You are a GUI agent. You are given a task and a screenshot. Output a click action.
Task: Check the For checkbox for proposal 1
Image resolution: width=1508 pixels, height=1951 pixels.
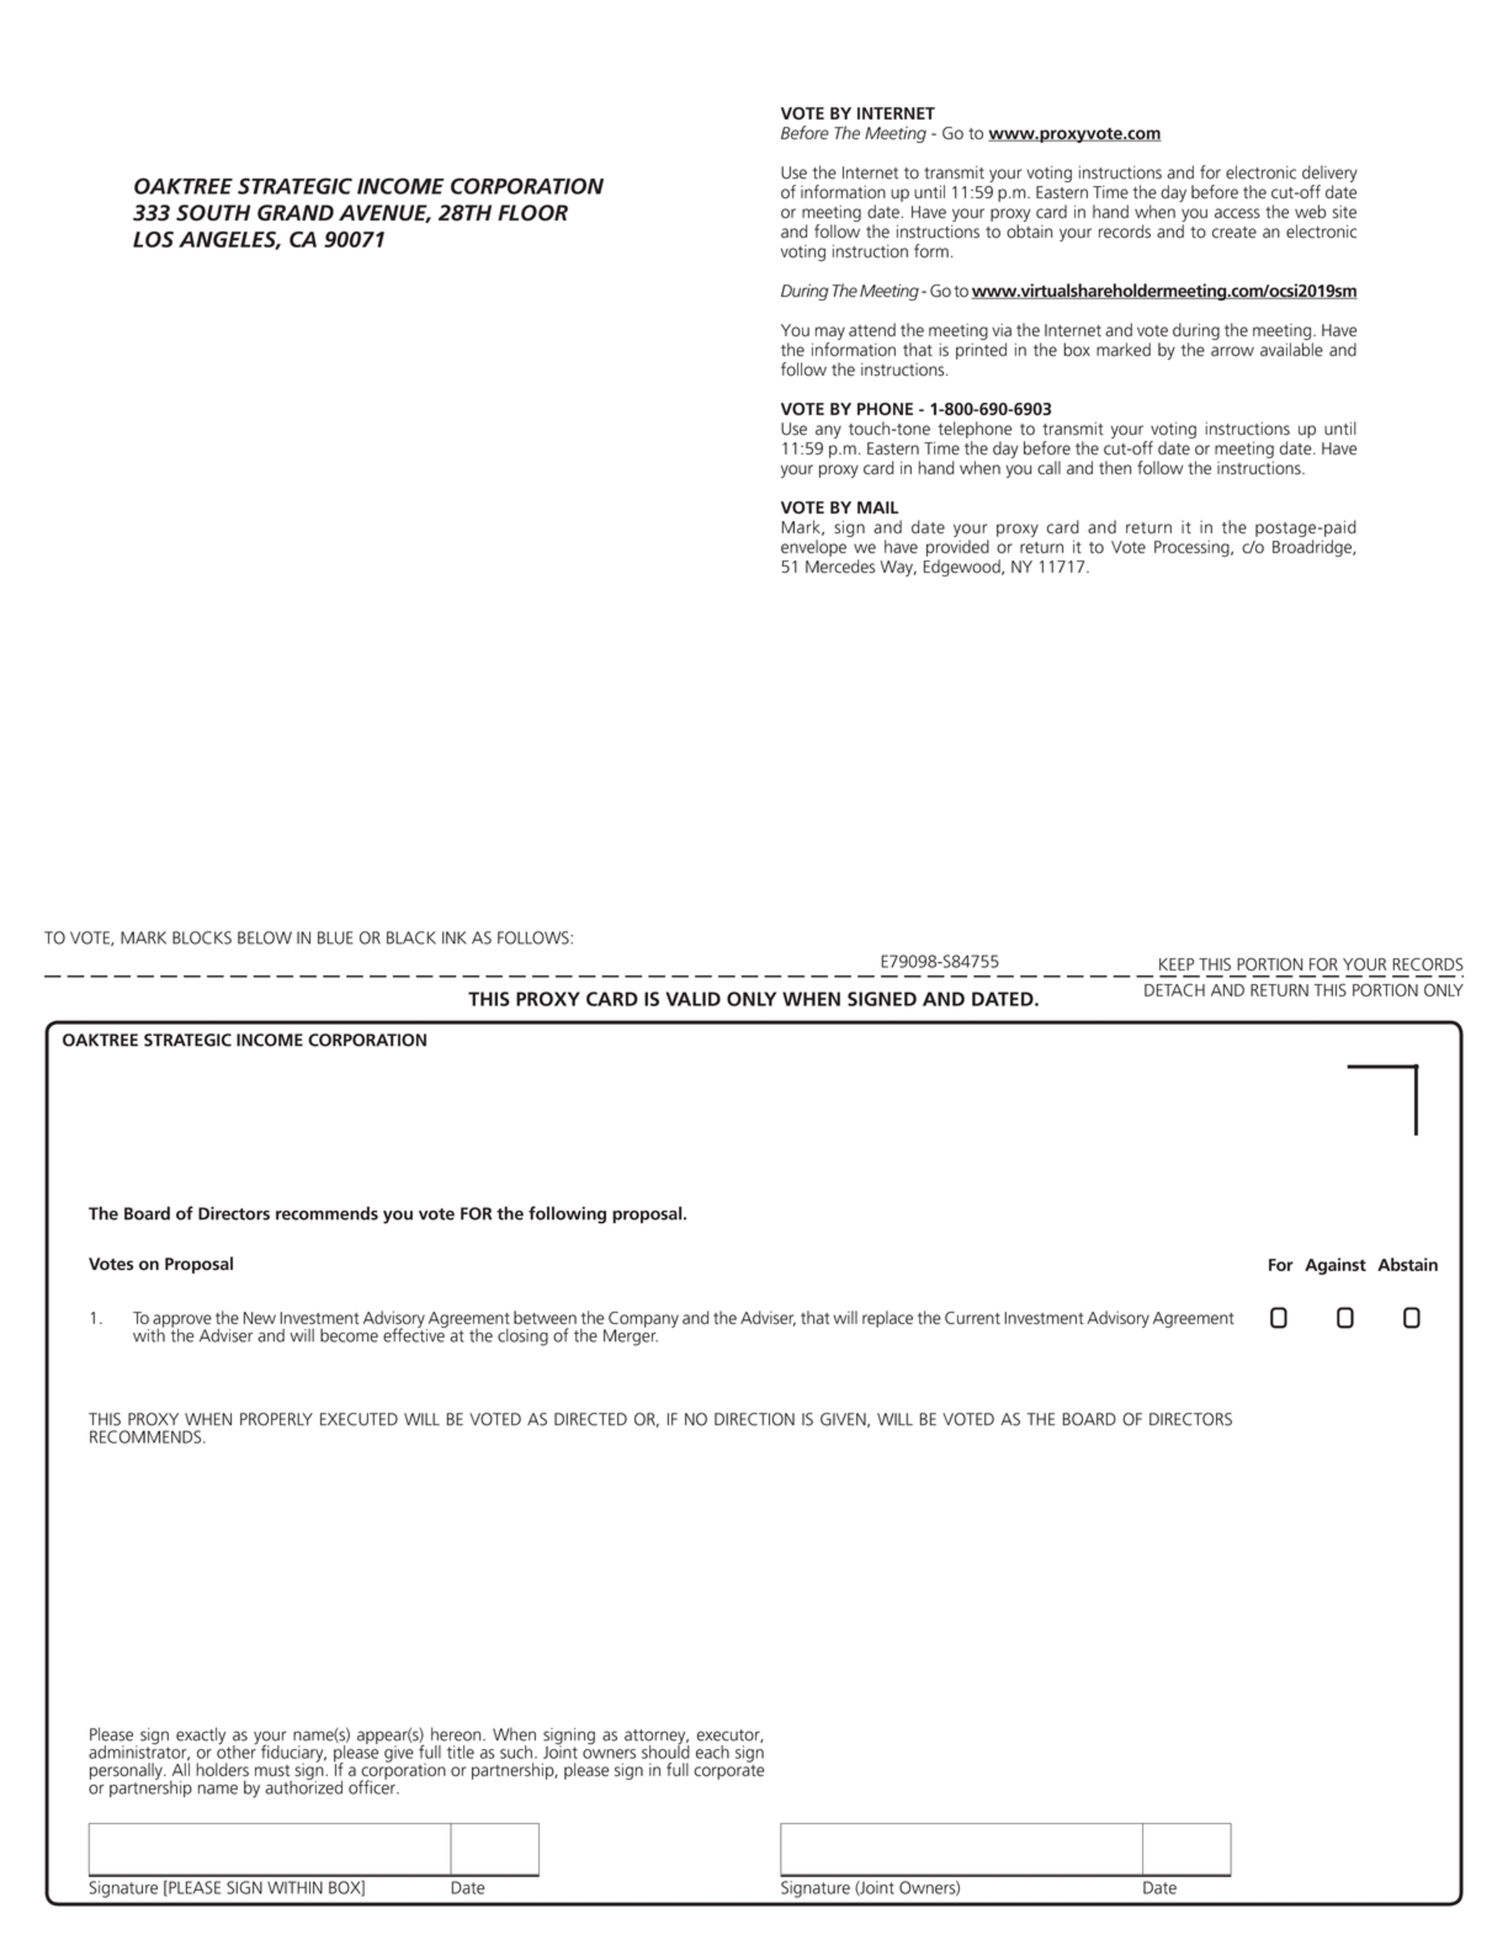click(x=1278, y=1318)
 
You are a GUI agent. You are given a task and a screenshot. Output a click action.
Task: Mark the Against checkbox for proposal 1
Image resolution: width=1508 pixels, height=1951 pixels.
click(x=1345, y=1318)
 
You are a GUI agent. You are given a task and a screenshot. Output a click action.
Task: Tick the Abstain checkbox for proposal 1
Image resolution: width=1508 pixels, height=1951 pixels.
click(x=1411, y=1318)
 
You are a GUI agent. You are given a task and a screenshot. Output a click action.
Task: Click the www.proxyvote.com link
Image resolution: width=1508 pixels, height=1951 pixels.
click(x=1074, y=134)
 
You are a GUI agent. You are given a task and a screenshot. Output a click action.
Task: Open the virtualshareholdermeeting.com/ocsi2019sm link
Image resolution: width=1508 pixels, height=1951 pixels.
click(x=1163, y=291)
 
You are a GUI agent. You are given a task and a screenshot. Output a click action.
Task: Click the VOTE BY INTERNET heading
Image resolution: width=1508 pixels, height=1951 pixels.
click(x=857, y=113)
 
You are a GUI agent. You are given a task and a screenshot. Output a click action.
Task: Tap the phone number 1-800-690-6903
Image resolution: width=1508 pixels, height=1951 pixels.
click(x=990, y=409)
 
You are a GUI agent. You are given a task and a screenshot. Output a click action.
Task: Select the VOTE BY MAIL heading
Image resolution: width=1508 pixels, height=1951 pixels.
click(x=839, y=507)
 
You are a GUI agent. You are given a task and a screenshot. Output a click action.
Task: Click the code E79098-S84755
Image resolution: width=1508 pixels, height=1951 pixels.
click(x=939, y=961)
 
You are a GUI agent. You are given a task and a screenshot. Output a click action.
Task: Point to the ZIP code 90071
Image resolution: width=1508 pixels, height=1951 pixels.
click(x=355, y=240)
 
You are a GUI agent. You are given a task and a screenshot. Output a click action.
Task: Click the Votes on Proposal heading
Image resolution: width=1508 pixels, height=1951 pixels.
click(x=161, y=1264)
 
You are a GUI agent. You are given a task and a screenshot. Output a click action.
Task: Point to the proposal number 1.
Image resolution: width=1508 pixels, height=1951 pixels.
click(x=95, y=1319)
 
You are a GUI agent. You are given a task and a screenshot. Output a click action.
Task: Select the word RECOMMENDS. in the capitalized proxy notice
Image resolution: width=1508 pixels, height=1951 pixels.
click(x=147, y=1437)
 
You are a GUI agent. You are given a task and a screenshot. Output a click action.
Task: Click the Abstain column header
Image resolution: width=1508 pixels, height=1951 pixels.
click(x=1407, y=1265)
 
